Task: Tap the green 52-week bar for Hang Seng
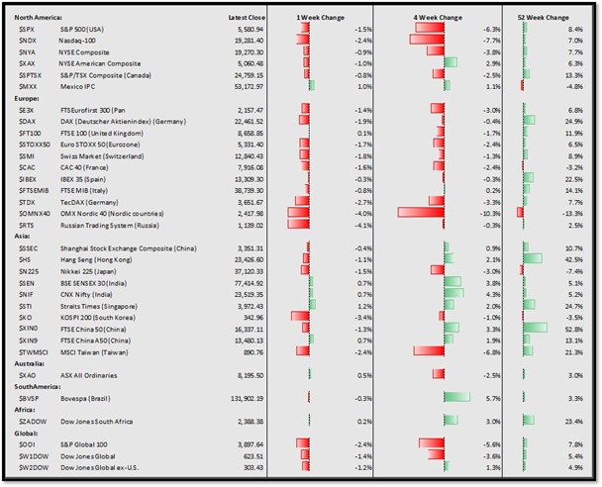[532, 258]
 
